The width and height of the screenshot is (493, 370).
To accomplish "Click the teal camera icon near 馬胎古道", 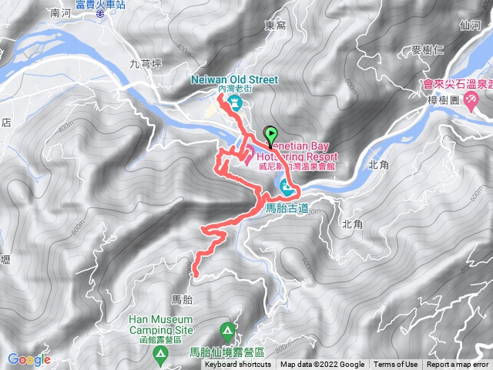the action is point(285,186).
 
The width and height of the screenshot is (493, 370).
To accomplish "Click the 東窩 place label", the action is point(275,25).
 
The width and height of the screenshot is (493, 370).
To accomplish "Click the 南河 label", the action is point(59,13).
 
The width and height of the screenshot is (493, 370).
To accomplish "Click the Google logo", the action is point(29,358).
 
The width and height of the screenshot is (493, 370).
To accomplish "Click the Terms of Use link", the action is point(395,365).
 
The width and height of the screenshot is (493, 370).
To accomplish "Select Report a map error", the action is point(458,365).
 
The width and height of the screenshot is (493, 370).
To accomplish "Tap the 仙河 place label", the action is point(468,25).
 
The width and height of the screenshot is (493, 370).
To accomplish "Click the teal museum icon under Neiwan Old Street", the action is point(233,100).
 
